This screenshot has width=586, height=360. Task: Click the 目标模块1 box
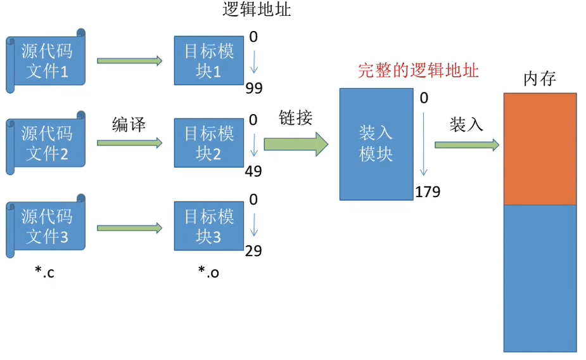pyautogui.click(x=209, y=61)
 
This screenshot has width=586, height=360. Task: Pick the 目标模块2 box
pyautogui.click(x=209, y=143)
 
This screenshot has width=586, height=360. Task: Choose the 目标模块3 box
pyautogui.click(x=209, y=226)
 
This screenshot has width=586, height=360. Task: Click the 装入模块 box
pyautogui.click(x=376, y=144)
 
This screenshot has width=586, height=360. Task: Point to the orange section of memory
pyautogui.click(x=540, y=149)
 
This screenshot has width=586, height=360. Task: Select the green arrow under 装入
pyautogui.click(x=466, y=145)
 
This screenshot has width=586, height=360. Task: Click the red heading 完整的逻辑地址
pyautogui.click(x=418, y=70)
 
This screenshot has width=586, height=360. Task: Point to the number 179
pyautogui.click(x=428, y=192)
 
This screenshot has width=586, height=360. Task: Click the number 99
pyautogui.click(x=254, y=88)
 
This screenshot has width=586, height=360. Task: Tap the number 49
pyautogui.click(x=254, y=171)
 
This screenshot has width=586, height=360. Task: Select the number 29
pyautogui.click(x=253, y=251)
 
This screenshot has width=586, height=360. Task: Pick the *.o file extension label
pyautogui.click(x=208, y=273)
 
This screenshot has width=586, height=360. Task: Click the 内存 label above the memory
pyautogui.click(x=540, y=79)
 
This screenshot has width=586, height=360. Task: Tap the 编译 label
pyautogui.click(x=129, y=125)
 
